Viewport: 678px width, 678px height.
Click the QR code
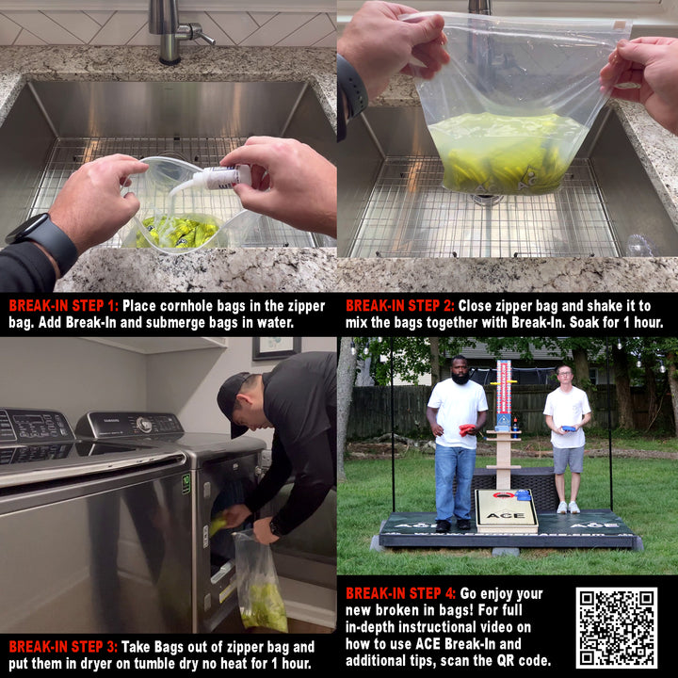pyautogui.click(x=616, y=627)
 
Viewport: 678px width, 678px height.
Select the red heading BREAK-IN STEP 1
pyautogui.click(x=64, y=306)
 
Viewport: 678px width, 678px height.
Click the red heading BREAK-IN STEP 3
pyautogui.click(x=63, y=647)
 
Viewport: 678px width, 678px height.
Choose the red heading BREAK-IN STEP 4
pyautogui.click(x=400, y=593)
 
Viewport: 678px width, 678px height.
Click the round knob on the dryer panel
pyautogui.click(x=143, y=425)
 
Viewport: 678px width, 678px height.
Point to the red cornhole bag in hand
pyautogui.click(x=467, y=429)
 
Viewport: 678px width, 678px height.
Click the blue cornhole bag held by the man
pyautogui.click(x=568, y=428)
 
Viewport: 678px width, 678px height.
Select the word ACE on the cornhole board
pyautogui.click(x=506, y=515)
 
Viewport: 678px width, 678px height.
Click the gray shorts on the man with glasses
pyautogui.click(x=568, y=460)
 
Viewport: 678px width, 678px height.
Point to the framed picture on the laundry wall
pyautogui.click(x=277, y=347)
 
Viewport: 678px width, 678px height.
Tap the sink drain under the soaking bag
pyautogui.click(x=487, y=200)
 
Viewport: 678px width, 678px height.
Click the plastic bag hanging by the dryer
pyautogui.click(x=260, y=582)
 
